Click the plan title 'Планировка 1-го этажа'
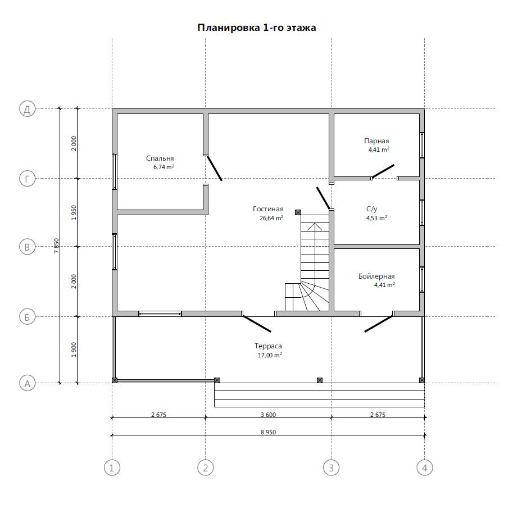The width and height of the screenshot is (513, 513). [x=257, y=28]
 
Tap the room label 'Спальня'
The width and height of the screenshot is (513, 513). [x=160, y=158]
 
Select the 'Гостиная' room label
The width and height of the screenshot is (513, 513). [x=268, y=208]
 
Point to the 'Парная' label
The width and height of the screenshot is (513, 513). [x=376, y=141]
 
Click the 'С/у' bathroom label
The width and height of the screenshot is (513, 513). [x=371, y=208]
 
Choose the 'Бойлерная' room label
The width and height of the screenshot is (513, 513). [x=376, y=276]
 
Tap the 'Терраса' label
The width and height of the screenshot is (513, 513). [x=268, y=346]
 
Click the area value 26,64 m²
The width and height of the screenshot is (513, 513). [x=271, y=218]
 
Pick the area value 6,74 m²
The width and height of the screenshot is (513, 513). [x=164, y=167]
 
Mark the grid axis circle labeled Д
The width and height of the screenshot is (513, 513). [x=27, y=109]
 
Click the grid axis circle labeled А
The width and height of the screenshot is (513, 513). [x=27, y=383]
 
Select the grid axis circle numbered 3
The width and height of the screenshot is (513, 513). [x=331, y=468]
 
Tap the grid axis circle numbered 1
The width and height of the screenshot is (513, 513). [x=112, y=468]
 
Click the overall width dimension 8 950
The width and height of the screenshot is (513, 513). [x=268, y=432]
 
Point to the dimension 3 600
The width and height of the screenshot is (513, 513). [x=268, y=415]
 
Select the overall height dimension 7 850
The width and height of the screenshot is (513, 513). [x=56, y=246]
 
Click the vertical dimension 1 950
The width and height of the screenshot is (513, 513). [x=74, y=212]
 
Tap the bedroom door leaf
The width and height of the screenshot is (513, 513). [x=215, y=168]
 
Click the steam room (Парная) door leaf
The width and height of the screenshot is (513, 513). [x=383, y=171]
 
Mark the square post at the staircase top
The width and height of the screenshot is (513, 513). [x=298, y=212]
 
